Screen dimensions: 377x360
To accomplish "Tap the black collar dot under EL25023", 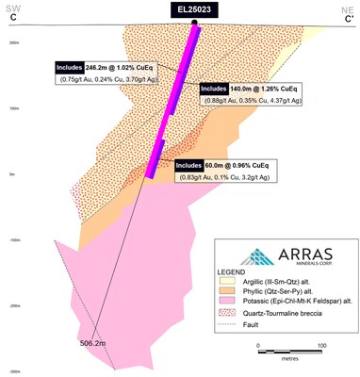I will [194, 22].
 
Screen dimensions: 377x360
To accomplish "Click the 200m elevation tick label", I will [15, 42].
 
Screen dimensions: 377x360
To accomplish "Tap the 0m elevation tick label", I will [13, 174].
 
